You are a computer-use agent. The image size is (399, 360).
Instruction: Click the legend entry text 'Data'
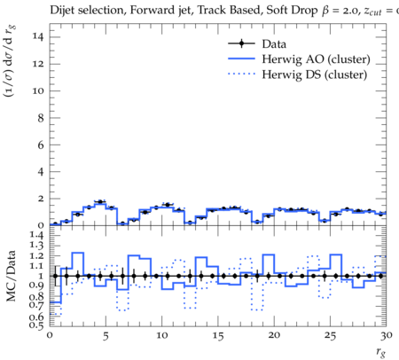coord(274,44)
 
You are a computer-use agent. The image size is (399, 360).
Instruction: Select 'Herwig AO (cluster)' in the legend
coord(316,59)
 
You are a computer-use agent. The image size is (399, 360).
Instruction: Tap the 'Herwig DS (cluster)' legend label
coord(315,74)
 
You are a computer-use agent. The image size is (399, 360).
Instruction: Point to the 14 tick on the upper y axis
coord(38,36)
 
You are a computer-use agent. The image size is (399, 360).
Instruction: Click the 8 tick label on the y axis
coord(41,118)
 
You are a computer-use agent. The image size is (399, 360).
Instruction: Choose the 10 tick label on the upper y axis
coord(38,90)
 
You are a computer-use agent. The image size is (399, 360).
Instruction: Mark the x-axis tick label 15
coord(218,336)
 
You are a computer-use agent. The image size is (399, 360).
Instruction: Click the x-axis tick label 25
coord(330,336)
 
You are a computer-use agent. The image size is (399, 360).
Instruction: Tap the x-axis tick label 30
coord(387,335)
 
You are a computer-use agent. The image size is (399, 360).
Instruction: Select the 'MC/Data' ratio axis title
coord(11,276)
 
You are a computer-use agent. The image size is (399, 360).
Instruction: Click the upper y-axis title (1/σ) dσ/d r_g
coord(10,61)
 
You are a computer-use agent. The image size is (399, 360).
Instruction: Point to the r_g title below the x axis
coord(381,352)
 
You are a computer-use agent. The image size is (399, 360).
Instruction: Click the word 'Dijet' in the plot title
coord(62,11)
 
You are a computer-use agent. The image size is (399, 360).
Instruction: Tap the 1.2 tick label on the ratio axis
coord(37,255)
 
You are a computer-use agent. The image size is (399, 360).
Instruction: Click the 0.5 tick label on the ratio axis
coord(37,325)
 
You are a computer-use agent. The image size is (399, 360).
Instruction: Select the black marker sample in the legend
coord(241,43)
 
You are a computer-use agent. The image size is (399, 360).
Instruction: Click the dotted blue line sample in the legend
coord(241,74)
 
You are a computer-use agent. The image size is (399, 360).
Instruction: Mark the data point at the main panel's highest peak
coord(100,202)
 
